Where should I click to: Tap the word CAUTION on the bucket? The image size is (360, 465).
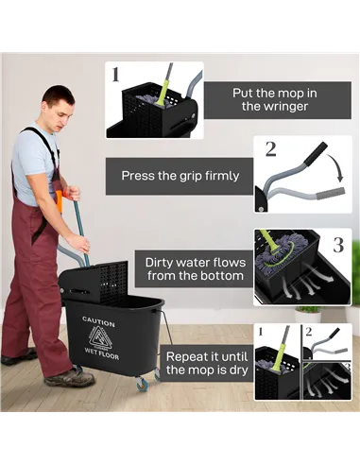pyautogui.click(x=98, y=321)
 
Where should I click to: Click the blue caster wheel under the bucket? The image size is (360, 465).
pyautogui.click(x=143, y=382)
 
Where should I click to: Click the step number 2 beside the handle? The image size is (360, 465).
pyautogui.click(x=269, y=148)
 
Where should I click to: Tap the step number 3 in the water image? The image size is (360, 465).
pyautogui.click(x=337, y=244)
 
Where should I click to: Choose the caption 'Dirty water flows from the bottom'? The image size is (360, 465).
pyautogui.click(x=195, y=268)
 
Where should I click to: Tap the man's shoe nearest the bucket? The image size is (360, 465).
pyautogui.click(x=70, y=377)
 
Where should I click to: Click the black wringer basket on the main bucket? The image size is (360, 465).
pyautogui.click(x=94, y=281)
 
